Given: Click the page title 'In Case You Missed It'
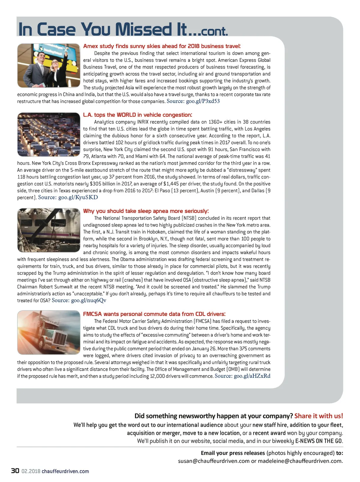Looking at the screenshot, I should pyautogui.click(x=123, y=29).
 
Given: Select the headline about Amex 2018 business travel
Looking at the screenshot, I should pyautogui.click(x=162, y=46).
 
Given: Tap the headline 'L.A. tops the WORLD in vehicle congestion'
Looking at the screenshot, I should pyautogui.click(x=137, y=115).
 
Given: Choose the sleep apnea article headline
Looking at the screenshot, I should pyautogui.click(x=146, y=211).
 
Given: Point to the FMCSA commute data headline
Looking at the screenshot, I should pyautogui.click(x=154, y=314).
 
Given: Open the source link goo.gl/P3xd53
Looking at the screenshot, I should pyautogui.click(x=203, y=101).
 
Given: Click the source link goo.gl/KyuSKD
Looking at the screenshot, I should pyautogui.click(x=78, y=197).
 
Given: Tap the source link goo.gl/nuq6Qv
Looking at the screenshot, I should pyautogui.click(x=88, y=300).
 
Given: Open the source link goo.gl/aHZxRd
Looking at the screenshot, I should pyautogui.click(x=252, y=376).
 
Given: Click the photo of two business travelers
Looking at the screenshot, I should pyautogui.click(x=49, y=65).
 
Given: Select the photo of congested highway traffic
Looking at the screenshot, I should pyautogui.click(x=49, y=134).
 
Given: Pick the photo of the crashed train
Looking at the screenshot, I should pyautogui.click(x=49, y=230).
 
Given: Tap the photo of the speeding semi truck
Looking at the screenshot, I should pyautogui.click(x=49, y=332).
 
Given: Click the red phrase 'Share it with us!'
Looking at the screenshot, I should pyautogui.click(x=319, y=416).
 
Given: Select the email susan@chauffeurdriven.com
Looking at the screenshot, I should pyautogui.click(x=214, y=461).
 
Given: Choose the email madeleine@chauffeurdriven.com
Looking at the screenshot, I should pyautogui.click(x=300, y=461).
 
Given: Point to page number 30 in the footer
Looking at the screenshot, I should pyautogui.click(x=15, y=471).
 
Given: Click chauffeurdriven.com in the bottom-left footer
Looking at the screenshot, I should pyautogui.click(x=65, y=471).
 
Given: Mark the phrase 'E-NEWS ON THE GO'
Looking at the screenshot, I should pyautogui.click(x=319, y=441).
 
